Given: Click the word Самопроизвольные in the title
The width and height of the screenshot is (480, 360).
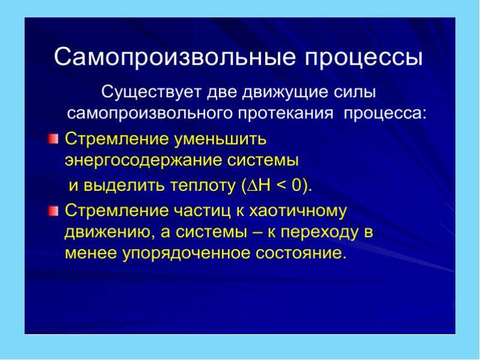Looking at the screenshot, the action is pyautogui.click(x=175, y=57).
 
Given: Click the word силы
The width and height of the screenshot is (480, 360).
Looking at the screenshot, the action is pyautogui.click(x=355, y=92).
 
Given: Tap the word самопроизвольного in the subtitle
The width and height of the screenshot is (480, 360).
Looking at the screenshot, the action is pyautogui.click(x=150, y=113).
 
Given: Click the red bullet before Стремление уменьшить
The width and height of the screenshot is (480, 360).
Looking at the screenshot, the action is pyautogui.click(x=53, y=139).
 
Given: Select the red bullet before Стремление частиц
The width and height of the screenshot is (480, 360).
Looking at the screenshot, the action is pyautogui.click(x=53, y=211).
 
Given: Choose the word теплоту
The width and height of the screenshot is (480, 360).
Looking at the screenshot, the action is pyautogui.click(x=203, y=185).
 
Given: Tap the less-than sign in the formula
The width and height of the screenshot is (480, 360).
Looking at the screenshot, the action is pyautogui.click(x=281, y=185).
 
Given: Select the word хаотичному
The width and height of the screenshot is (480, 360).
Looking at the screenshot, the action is pyautogui.click(x=298, y=211).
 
